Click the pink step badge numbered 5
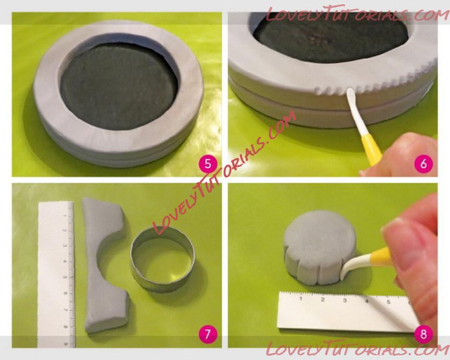click(x=208, y=164)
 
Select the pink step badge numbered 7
click(x=208, y=334)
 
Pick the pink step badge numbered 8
click(x=424, y=334)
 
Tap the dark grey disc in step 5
click(x=118, y=86)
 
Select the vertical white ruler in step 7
click(x=56, y=274)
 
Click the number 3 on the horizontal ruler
click(x=344, y=301)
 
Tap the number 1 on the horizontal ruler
click(x=301, y=299)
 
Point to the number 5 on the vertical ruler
click(x=65, y=277)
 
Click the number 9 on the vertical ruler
click(x=66, y=344)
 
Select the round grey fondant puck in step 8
click(x=319, y=247)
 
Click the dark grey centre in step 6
click(x=331, y=37)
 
